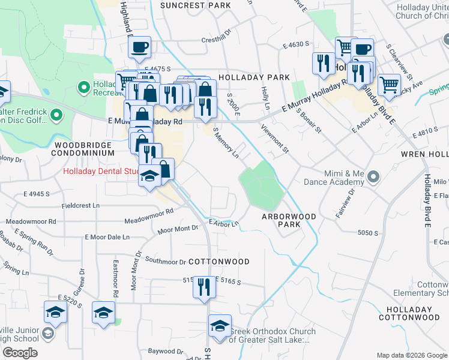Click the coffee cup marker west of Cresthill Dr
coord(139,47)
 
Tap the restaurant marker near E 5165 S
coord(204,286)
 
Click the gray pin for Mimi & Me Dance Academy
coord(373,176)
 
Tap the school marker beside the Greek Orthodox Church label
coord(220,326)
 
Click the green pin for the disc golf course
coord(56,114)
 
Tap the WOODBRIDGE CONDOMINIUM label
coord(83,149)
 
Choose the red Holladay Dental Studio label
coord(101,172)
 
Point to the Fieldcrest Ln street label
coord(80,205)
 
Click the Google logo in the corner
coord(20,353)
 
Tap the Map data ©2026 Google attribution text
coord(411,355)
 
